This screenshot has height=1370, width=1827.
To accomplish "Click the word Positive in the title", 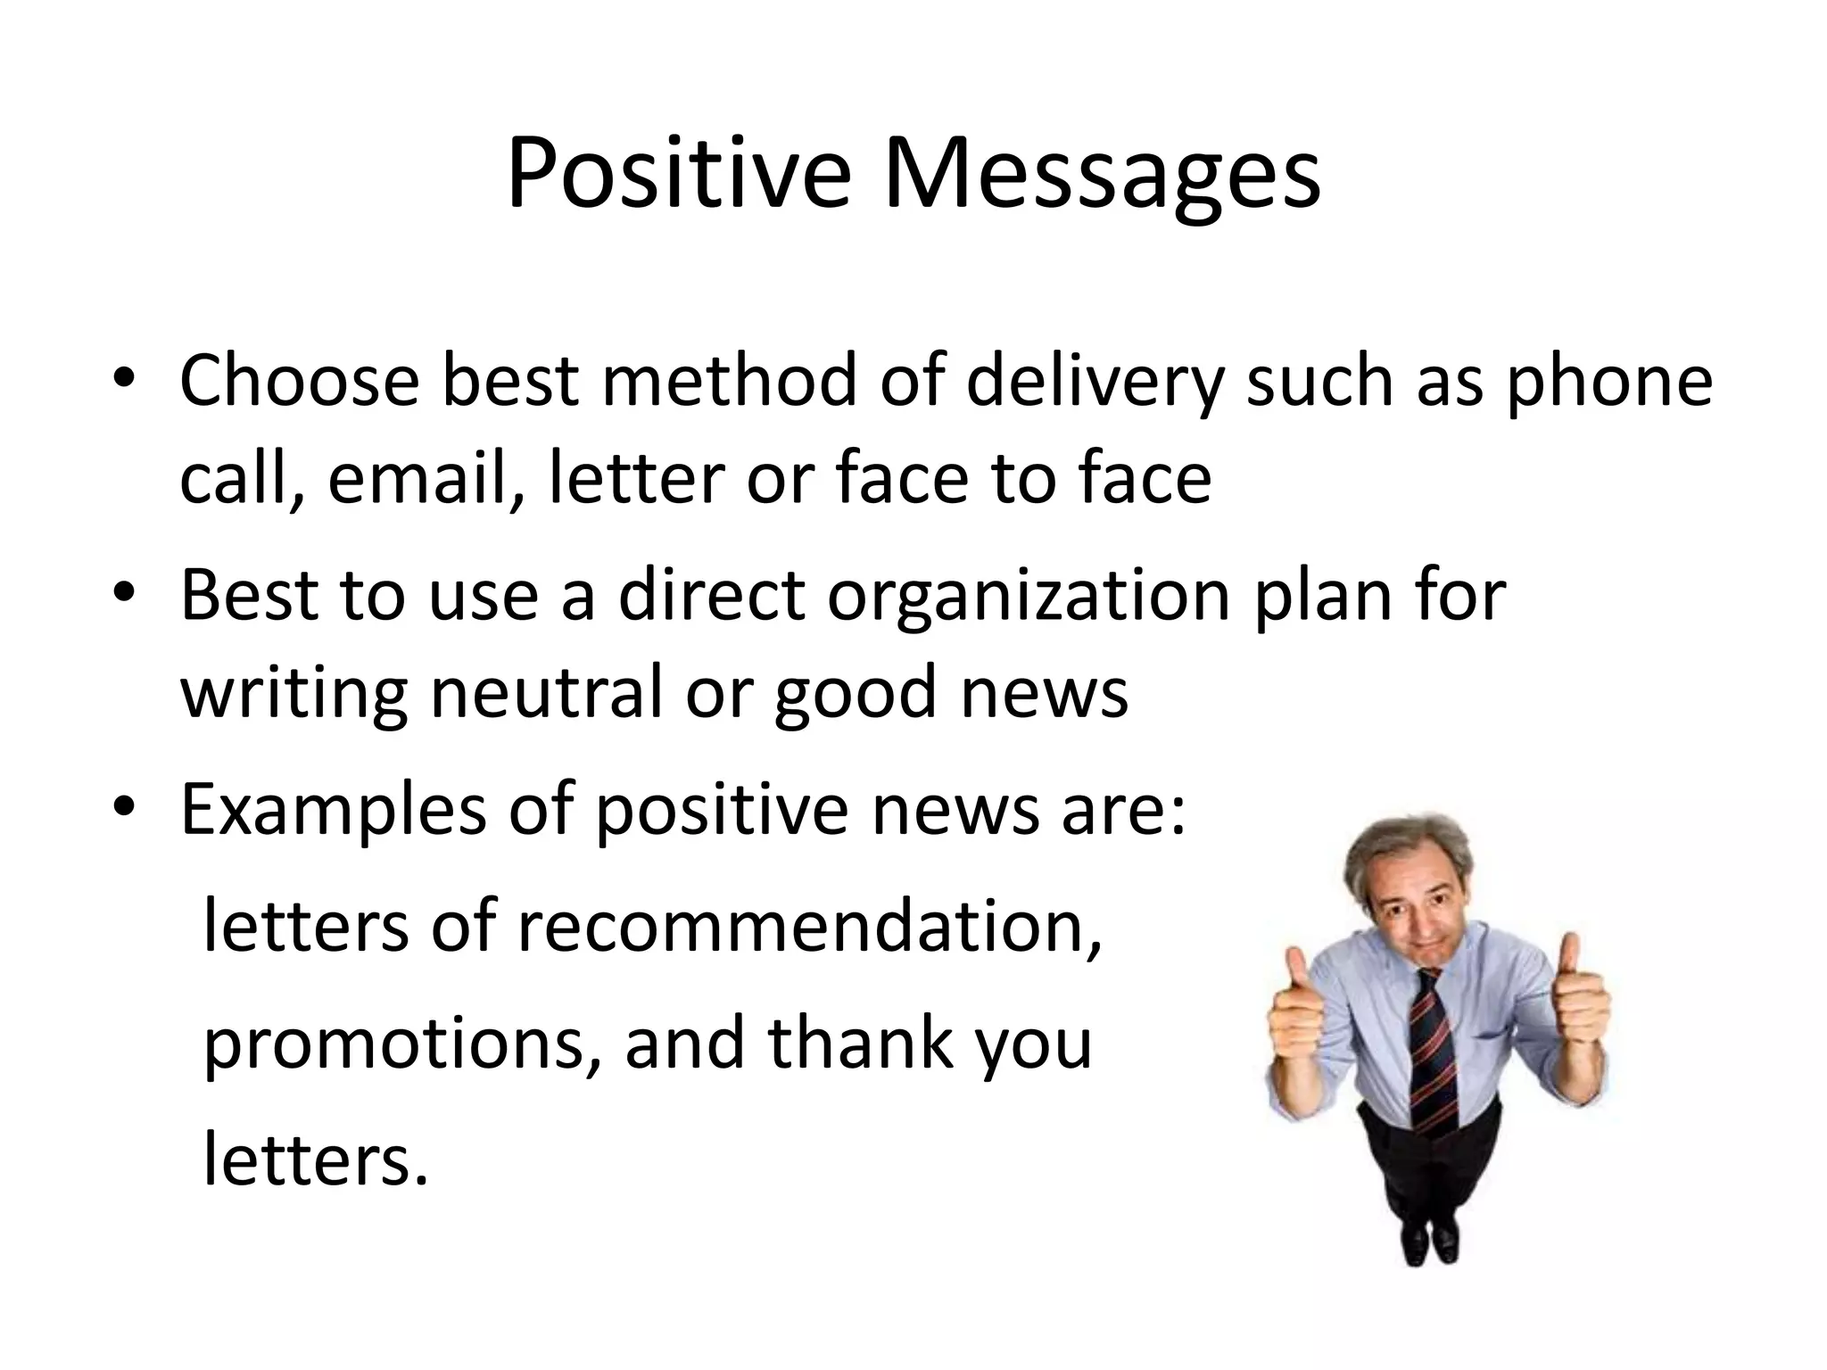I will (678, 174).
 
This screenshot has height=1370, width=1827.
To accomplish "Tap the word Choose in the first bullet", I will (299, 382).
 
